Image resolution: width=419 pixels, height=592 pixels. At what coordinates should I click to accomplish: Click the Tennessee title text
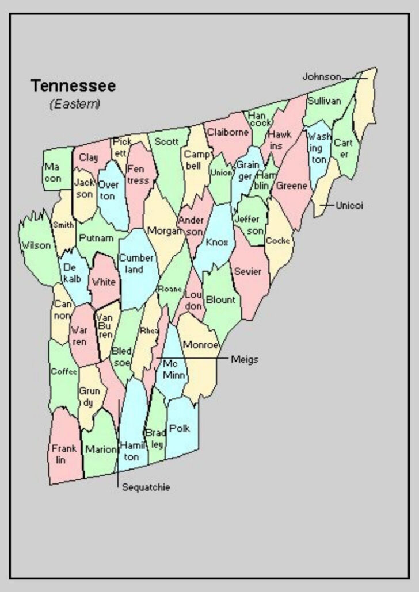(73, 86)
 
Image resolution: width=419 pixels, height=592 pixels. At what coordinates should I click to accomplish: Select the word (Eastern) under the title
(75, 104)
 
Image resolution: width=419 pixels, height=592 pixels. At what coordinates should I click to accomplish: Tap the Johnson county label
(322, 76)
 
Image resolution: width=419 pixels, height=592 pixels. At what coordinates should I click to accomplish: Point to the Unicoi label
(349, 205)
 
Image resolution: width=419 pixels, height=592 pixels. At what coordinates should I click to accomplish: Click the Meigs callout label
(245, 360)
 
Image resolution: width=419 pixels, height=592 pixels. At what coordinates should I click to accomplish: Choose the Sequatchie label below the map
(146, 487)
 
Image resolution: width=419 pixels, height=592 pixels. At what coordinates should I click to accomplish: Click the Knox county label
(216, 242)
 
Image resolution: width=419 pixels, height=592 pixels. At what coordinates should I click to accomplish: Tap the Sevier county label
(248, 271)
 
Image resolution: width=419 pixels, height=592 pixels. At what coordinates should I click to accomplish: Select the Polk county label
(180, 428)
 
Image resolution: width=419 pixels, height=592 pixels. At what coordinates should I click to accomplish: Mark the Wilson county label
(36, 246)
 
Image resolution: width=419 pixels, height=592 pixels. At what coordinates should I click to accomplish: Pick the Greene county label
(292, 186)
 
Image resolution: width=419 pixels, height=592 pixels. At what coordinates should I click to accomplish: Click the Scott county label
(167, 141)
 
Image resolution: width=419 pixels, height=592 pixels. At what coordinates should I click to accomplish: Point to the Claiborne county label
(228, 132)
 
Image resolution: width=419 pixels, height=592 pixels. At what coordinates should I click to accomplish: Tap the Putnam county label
(92, 237)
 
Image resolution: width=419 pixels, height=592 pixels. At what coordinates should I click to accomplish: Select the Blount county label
(220, 299)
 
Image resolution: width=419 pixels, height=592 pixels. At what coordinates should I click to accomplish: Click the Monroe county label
(201, 345)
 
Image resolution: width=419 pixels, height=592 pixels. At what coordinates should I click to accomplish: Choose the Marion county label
(101, 450)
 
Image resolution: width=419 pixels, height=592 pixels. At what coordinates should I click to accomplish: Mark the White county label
(104, 282)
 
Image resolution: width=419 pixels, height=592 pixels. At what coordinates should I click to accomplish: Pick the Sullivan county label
(324, 101)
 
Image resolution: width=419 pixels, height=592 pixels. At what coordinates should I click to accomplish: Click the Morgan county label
(165, 230)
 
